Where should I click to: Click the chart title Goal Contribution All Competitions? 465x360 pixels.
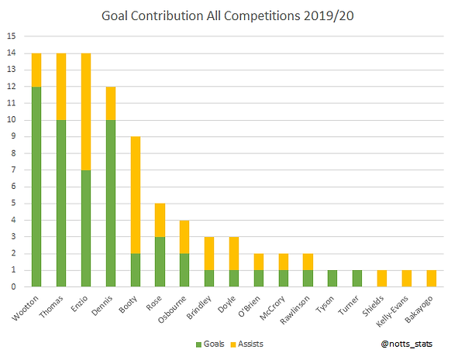232,15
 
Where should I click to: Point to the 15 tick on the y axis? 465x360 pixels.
11,36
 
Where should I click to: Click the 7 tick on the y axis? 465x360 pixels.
11,170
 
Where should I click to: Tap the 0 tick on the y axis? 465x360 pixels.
11,286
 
